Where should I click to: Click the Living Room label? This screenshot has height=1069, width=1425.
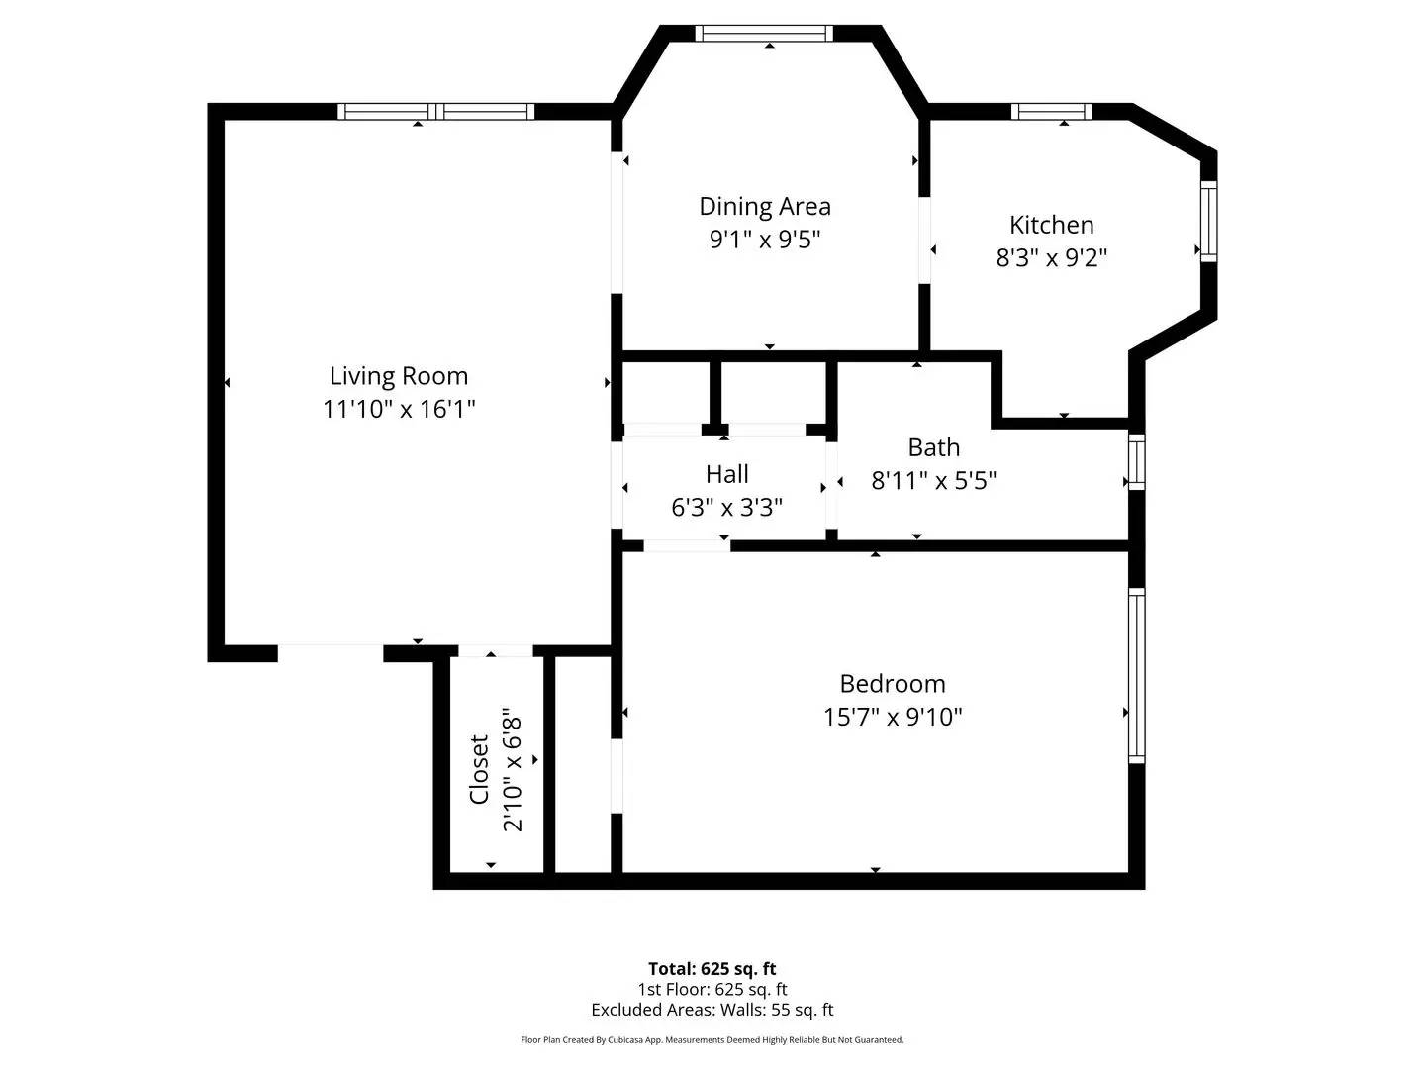pos(399,376)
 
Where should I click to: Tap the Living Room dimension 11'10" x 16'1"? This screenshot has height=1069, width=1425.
pos(399,409)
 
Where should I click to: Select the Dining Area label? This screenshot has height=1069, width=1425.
pos(765,206)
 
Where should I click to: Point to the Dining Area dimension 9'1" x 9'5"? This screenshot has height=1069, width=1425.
pos(765,239)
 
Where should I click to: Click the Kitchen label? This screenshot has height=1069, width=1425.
pos(1051,225)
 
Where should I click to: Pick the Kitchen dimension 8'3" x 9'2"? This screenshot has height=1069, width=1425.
pos(1051,257)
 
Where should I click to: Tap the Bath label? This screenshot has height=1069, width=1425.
pos(933,447)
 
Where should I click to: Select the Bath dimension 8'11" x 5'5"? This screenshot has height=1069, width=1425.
pos(933,480)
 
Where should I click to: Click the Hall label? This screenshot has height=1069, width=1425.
pos(726,474)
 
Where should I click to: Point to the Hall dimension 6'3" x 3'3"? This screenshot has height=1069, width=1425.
pos(726,508)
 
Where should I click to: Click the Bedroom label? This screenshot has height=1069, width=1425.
pos(892,684)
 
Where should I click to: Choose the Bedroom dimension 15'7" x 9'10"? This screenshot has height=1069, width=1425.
pos(892,717)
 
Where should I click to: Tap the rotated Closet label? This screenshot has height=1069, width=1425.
pos(479,769)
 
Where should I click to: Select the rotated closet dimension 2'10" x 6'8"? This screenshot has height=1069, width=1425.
pos(512,769)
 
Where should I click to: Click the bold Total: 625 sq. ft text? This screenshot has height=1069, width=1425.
pos(712,969)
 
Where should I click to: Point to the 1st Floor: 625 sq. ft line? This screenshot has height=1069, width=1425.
pos(712,989)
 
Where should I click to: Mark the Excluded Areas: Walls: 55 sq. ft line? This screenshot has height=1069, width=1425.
pos(712,1010)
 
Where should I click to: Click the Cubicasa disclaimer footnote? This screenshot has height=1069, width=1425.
pos(712,1040)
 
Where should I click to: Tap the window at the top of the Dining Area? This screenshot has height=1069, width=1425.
pos(763,34)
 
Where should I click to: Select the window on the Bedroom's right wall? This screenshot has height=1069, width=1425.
pos(1136,676)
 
